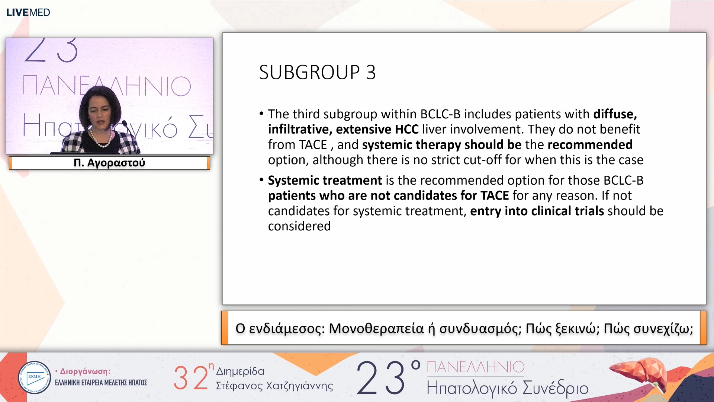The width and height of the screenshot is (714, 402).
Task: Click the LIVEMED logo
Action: coord(28,12)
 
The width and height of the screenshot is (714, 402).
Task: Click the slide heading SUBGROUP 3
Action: coord(317,72)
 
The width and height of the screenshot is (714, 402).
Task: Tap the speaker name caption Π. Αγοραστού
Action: coord(109,163)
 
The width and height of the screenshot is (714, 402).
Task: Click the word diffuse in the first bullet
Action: coord(615,114)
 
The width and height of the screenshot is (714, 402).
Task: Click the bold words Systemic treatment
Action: coord(325,180)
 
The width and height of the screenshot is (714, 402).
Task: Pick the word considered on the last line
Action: coord(299,226)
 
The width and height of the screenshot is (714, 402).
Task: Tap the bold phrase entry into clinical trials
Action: coord(537,211)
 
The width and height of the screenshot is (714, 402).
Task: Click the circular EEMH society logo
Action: coord(34,377)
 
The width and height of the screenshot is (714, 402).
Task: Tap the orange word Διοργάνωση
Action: coord(85,371)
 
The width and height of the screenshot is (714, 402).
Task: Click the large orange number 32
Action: coord(191,378)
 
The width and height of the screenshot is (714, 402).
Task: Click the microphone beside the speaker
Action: coord(126,127)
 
